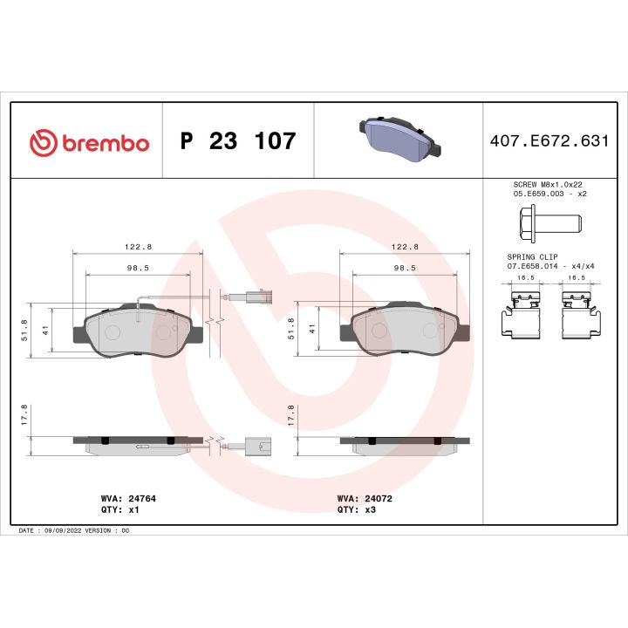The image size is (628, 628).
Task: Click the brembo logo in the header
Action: point(89,141)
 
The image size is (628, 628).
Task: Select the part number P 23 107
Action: point(237,141)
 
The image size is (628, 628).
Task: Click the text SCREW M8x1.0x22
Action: point(546,185)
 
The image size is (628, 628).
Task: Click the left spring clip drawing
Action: point(519,314)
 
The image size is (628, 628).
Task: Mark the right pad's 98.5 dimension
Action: point(403,269)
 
